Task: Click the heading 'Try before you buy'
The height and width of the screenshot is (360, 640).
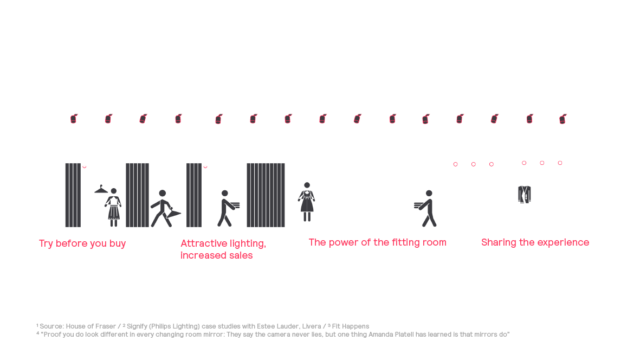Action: tap(82, 243)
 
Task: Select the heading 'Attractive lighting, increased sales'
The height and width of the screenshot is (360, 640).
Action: tap(223, 249)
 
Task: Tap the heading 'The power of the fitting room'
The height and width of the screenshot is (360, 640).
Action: tap(378, 242)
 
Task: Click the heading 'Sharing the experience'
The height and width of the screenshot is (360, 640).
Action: tap(535, 242)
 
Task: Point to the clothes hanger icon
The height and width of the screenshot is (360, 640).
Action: tap(101, 189)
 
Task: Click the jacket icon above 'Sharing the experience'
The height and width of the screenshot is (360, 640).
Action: tap(525, 194)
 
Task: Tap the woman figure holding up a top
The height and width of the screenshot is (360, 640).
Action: tap(113, 207)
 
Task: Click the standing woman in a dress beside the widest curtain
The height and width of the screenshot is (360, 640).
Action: tap(307, 202)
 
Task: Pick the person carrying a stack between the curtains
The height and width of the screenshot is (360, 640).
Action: tap(228, 208)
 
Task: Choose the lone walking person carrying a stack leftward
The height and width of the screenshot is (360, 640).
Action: tap(425, 208)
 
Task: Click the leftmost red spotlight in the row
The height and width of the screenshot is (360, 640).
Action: tap(74, 119)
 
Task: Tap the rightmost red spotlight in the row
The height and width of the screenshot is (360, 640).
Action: tap(563, 119)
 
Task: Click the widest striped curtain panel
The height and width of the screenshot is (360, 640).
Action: tap(266, 195)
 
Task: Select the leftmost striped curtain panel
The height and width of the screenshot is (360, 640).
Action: tap(73, 195)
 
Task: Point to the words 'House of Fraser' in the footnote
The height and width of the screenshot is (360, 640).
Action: tap(91, 326)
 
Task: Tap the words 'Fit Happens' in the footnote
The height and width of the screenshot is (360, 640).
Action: tap(351, 326)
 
